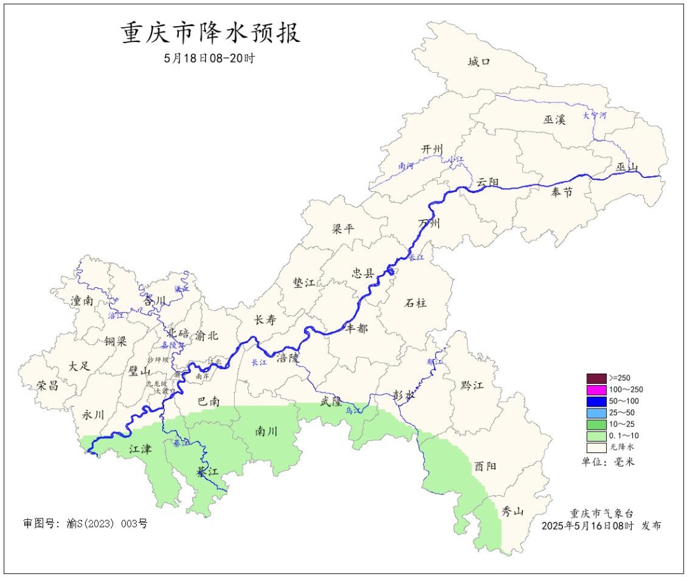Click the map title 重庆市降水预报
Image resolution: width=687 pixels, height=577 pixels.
coord(211,33)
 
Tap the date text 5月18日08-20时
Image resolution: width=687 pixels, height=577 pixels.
coord(209,58)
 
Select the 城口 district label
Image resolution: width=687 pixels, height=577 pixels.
coord(479,62)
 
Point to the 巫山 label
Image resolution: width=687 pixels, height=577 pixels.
coord(627,167)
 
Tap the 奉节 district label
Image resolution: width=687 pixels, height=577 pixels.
coord(562,192)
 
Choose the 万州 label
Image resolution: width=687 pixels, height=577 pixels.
coord(429,223)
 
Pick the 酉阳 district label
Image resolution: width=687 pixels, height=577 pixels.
coord(485,466)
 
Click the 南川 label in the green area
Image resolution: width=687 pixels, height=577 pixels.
coord(267,431)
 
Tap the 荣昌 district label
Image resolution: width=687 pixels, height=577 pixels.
coord(48,385)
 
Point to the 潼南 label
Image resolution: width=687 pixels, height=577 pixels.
coord(82,301)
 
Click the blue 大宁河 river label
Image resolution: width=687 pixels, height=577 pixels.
coord(595,116)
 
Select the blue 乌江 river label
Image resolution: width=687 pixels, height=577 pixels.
coord(353,411)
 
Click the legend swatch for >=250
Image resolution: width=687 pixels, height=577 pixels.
coord(596,377)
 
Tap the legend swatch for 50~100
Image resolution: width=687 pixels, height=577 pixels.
coord(596,401)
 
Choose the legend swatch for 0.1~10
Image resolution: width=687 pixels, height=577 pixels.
coord(596,436)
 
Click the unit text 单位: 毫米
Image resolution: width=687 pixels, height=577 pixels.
coord(608,461)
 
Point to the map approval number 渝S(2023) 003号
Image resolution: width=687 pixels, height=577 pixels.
coord(85,524)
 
